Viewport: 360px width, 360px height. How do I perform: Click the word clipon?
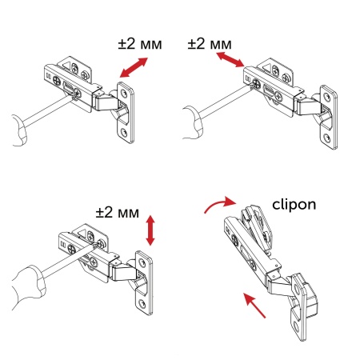[x=294, y=204]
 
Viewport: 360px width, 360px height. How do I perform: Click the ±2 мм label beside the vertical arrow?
[x=117, y=213]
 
